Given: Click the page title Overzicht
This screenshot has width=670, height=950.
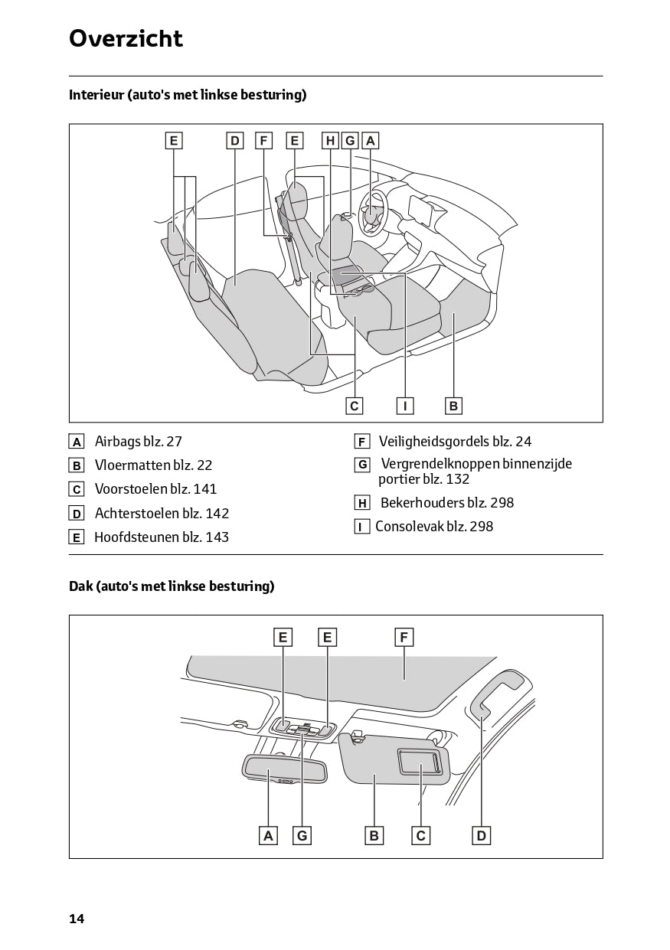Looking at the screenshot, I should [126, 38].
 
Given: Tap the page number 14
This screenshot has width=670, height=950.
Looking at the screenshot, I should [77, 919].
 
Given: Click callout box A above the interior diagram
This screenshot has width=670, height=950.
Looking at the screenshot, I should [371, 141].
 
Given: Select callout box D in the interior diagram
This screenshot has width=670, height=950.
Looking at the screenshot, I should [235, 141].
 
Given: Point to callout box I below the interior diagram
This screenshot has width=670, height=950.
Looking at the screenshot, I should [405, 406].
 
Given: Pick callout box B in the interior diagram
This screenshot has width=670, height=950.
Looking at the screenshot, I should [453, 406].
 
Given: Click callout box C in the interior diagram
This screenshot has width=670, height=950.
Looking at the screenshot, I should [354, 406].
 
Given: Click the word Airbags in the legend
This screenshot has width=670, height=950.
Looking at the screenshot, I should [118, 442].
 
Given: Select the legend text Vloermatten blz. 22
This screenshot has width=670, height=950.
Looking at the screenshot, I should [153, 465].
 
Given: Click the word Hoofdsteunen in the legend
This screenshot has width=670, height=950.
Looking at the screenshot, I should [136, 537].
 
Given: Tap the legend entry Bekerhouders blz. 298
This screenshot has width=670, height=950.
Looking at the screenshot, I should [446, 503].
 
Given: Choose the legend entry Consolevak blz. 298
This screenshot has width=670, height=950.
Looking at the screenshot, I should [434, 527].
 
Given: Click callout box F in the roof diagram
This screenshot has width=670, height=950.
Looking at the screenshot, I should [404, 637].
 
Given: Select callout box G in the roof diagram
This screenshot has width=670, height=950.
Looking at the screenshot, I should [302, 836].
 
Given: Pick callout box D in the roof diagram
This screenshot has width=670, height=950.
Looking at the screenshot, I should [481, 836].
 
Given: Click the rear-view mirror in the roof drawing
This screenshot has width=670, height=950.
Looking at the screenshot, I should [283, 768].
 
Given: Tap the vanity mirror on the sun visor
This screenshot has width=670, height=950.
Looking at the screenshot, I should [419, 763].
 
